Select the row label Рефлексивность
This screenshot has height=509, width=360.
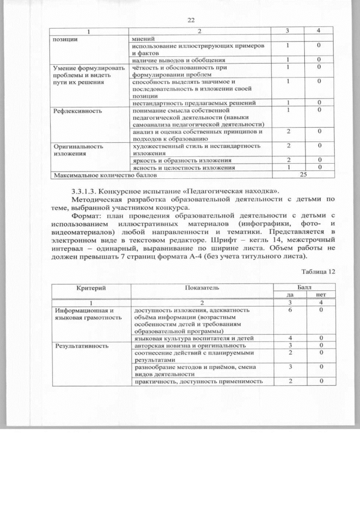76,111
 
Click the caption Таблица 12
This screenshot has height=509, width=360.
317,272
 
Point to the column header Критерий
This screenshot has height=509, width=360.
91,287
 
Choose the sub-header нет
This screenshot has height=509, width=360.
321,294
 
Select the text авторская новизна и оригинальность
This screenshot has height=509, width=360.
190,345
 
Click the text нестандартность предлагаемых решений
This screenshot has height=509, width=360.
194,103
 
